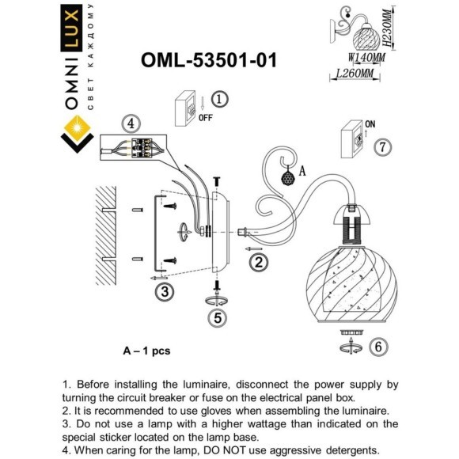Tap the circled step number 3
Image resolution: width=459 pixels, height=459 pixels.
[164, 292]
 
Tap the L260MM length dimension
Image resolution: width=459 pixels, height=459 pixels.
[355, 73]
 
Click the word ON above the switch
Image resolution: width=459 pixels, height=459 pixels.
[370, 124]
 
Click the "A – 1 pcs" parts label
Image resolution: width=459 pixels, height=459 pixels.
[146, 349]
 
